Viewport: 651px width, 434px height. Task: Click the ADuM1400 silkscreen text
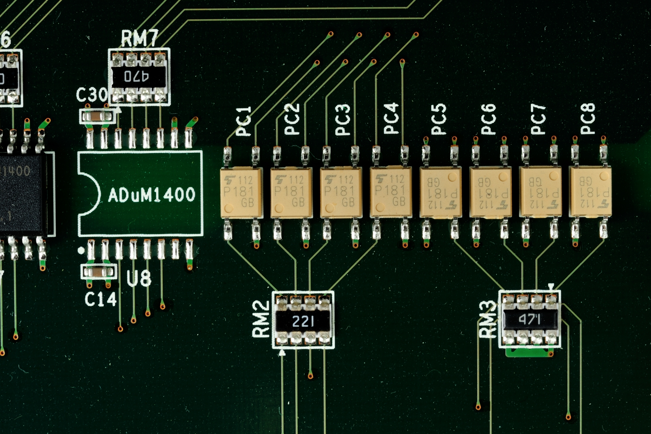pos(152,195)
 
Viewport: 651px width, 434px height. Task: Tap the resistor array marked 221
pos(303,321)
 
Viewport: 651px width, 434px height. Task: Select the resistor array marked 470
pos(139,77)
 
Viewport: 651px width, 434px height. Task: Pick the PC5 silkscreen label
pos(439,119)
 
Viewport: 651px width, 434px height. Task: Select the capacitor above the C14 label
pos(99,271)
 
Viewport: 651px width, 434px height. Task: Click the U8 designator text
pos(139,278)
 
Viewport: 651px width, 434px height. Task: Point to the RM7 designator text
pos(139,38)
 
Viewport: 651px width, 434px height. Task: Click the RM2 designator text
pos(261,319)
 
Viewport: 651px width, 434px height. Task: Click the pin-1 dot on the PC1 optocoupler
pos(229,208)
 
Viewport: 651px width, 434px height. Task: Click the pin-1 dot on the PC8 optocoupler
pos(603,176)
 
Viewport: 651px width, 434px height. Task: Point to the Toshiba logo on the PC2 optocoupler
pos(280,179)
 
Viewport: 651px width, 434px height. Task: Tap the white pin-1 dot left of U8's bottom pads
pos(81,250)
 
